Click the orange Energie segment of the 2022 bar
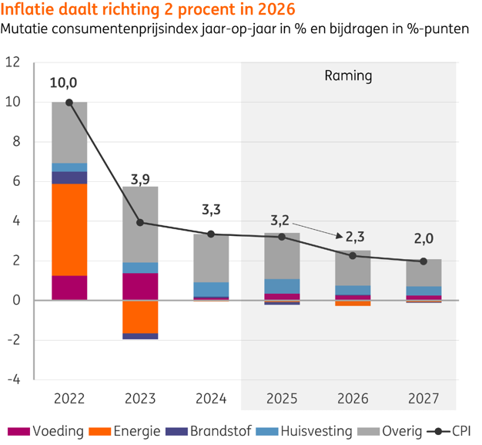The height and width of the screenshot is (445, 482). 69,229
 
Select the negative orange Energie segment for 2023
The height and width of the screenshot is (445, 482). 140,316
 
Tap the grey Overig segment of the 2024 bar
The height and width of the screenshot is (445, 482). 211,258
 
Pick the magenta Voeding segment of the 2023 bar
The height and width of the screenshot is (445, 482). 140,286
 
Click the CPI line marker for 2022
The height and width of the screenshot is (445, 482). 69,102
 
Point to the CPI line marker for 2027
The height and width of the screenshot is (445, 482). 423,261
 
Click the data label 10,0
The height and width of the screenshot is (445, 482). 64,83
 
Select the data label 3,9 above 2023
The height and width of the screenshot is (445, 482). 140,180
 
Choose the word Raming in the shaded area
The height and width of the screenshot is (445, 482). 348,76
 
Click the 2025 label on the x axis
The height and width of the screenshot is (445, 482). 282,399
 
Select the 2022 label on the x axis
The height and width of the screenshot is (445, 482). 69,399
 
